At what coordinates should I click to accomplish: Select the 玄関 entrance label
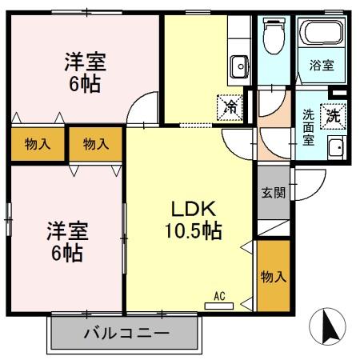(273, 193)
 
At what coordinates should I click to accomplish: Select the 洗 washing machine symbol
(330, 114)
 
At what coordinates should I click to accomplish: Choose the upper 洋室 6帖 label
(85, 70)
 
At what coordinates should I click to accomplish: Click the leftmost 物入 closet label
(38, 144)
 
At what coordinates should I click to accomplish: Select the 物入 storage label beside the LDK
(274, 276)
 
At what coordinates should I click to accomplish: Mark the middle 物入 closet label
(95, 144)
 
